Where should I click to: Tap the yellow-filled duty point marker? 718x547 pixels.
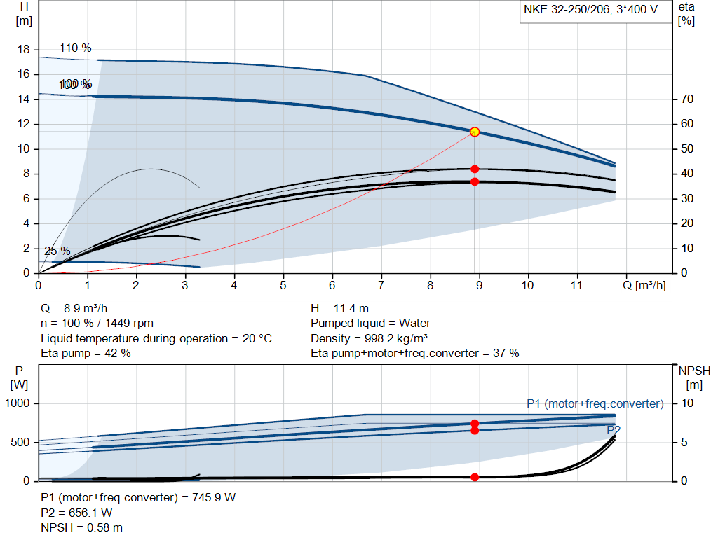click(x=475, y=132)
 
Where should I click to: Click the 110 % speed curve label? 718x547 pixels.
click(x=76, y=48)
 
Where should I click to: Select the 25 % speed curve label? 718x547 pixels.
click(x=57, y=251)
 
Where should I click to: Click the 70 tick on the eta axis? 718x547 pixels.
click(x=686, y=99)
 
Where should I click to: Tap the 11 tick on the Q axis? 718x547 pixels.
click(x=576, y=286)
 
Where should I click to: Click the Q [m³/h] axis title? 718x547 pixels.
click(x=646, y=286)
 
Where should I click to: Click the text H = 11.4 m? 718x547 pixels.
click(x=339, y=308)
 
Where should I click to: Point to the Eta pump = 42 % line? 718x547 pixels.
click(x=86, y=354)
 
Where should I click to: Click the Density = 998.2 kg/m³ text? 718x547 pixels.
click(x=369, y=338)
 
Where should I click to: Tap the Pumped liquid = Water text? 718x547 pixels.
click(x=370, y=324)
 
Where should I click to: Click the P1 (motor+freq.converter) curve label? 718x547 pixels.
click(x=595, y=403)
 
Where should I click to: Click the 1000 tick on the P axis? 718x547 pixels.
click(x=19, y=403)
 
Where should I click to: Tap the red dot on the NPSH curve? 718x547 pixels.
click(x=475, y=477)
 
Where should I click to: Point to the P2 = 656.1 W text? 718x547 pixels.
click(x=77, y=513)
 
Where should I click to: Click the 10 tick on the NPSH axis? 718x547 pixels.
click(x=686, y=403)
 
